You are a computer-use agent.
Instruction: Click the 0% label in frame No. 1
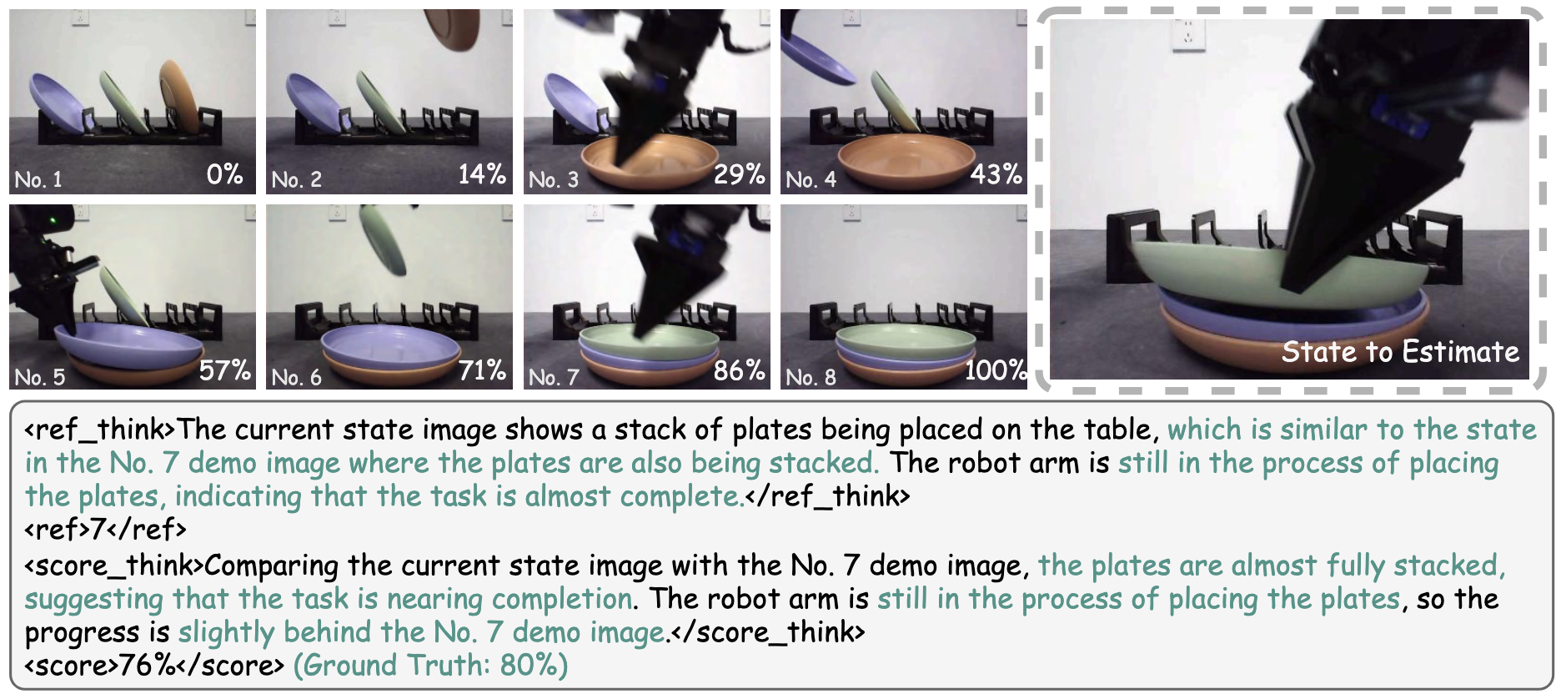point(224,174)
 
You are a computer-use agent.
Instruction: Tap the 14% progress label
point(482,174)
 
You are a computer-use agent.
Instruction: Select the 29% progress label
point(739,174)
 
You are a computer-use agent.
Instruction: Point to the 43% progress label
point(996,174)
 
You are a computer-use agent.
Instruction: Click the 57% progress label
point(224,370)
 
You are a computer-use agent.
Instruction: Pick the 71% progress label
point(482,370)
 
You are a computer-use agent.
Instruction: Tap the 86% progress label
point(739,370)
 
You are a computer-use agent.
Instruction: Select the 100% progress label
point(996,370)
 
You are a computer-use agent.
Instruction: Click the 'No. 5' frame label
point(40,377)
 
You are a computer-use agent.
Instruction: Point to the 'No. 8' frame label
point(811,377)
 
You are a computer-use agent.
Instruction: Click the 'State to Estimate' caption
point(1400,352)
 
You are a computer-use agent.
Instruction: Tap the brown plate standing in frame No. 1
point(179,96)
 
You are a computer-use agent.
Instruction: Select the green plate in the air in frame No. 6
point(383,239)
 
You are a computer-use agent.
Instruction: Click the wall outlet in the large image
point(1188,35)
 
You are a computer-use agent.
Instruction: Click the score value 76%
point(145,666)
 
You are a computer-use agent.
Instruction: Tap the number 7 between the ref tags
point(98,530)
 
